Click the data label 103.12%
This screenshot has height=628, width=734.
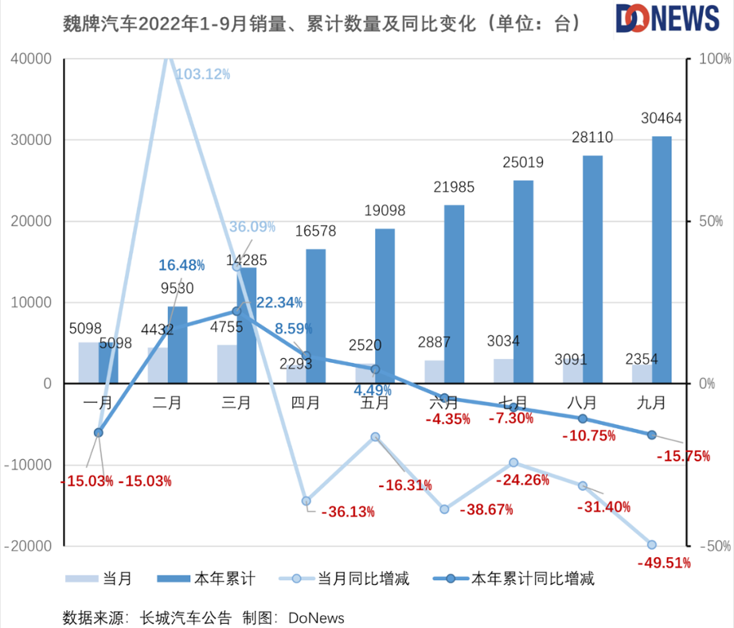click(x=203, y=74)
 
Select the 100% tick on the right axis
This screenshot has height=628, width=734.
click(x=710, y=60)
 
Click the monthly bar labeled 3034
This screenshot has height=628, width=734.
click(x=503, y=371)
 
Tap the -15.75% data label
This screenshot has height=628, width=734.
click(x=683, y=456)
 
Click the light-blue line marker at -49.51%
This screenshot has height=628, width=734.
click(x=652, y=545)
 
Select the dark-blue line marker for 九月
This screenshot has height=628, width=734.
click(x=652, y=435)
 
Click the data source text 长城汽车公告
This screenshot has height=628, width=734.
click(x=186, y=616)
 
